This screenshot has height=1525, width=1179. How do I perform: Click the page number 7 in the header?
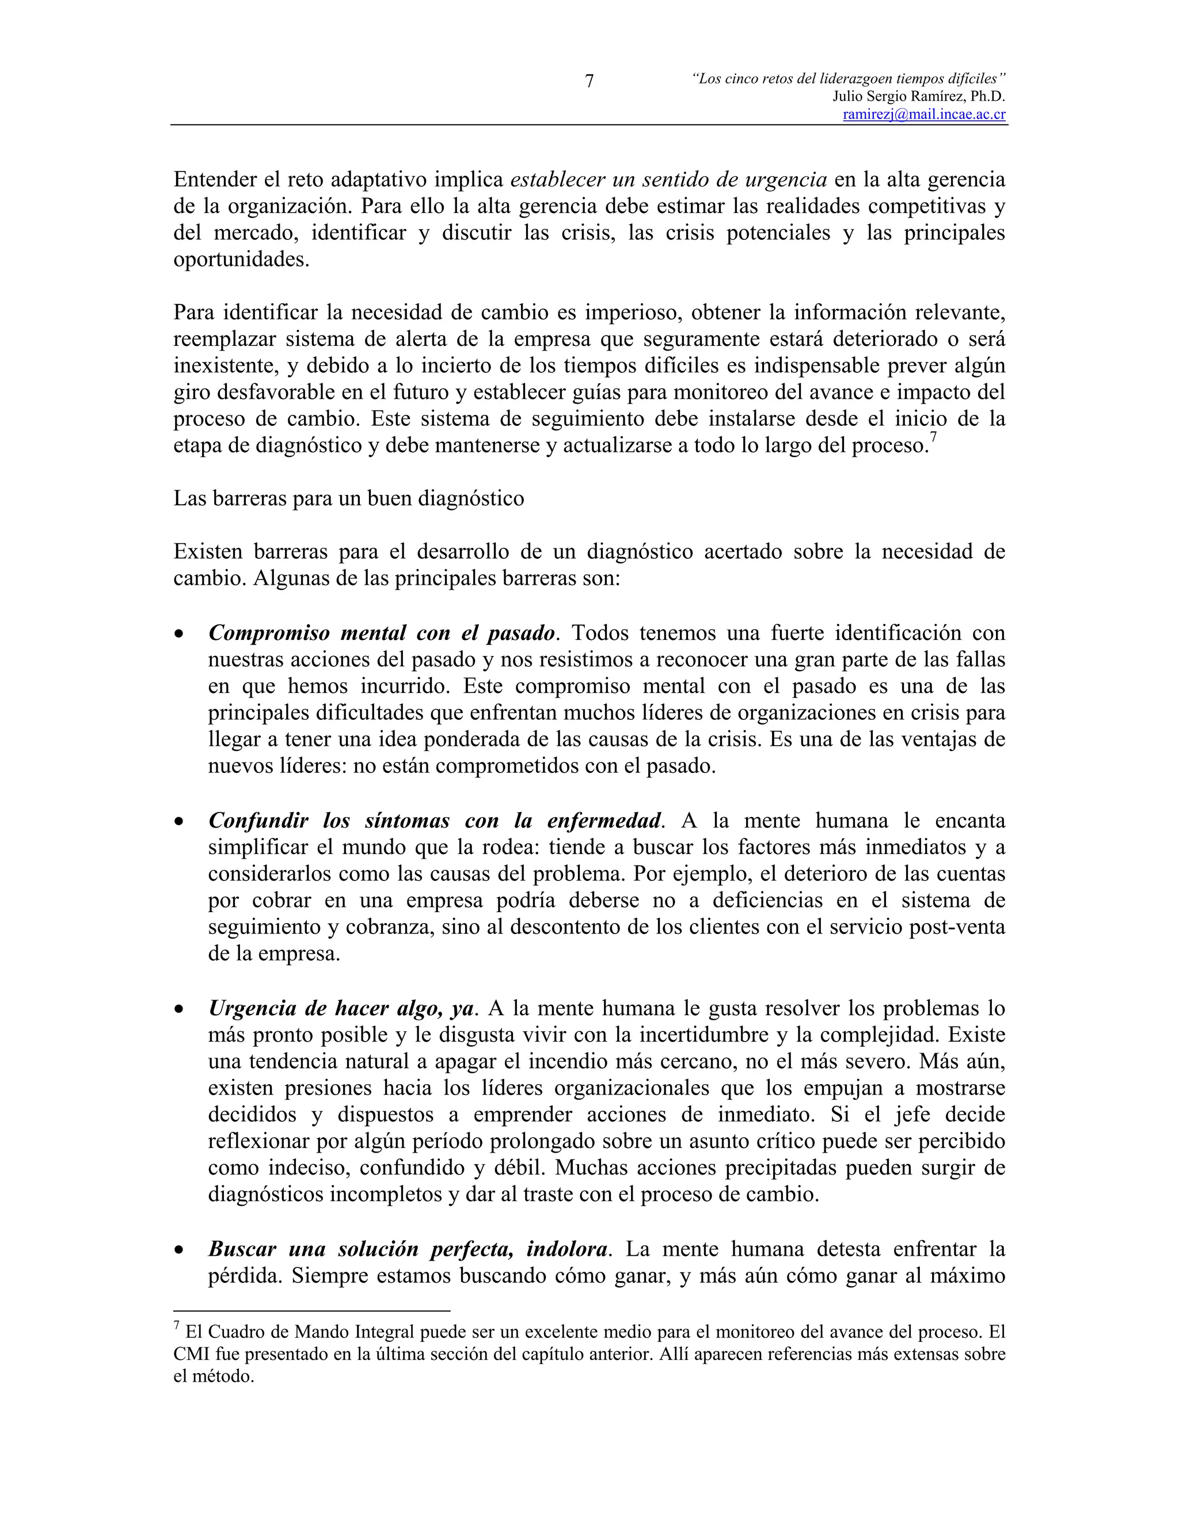coord(589,82)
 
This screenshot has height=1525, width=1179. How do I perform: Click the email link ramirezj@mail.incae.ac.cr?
coord(924,115)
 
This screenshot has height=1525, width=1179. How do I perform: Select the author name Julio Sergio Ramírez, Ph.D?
coord(918,97)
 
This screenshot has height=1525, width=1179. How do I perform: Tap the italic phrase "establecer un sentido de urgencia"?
coord(668,180)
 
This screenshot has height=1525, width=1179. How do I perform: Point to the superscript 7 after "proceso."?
coord(933,438)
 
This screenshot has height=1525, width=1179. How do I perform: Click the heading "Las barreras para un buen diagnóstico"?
coord(348,498)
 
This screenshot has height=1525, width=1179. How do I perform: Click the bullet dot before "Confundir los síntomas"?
coord(180,821)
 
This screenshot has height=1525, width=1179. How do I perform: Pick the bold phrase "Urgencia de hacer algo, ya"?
coord(341,1008)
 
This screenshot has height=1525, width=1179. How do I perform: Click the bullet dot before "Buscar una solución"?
coord(180,1250)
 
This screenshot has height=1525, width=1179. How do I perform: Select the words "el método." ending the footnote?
coord(214,1377)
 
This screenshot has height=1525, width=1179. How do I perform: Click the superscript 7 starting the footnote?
coord(177,1325)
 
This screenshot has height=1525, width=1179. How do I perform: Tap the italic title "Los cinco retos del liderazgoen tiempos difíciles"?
coord(849,79)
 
